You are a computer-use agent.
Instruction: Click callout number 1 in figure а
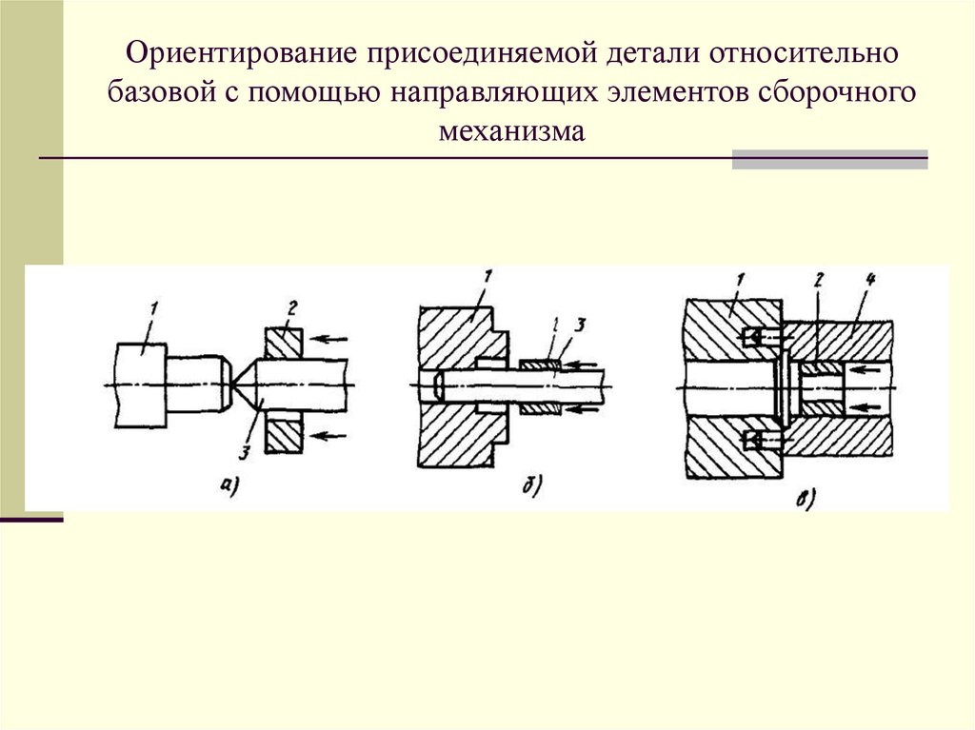pyautogui.click(x=151, y=307)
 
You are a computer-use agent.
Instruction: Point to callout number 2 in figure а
pyautogui.click(x=292, y=306)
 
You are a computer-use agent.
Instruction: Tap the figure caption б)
pyautogui.click(x=531, y=488)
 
